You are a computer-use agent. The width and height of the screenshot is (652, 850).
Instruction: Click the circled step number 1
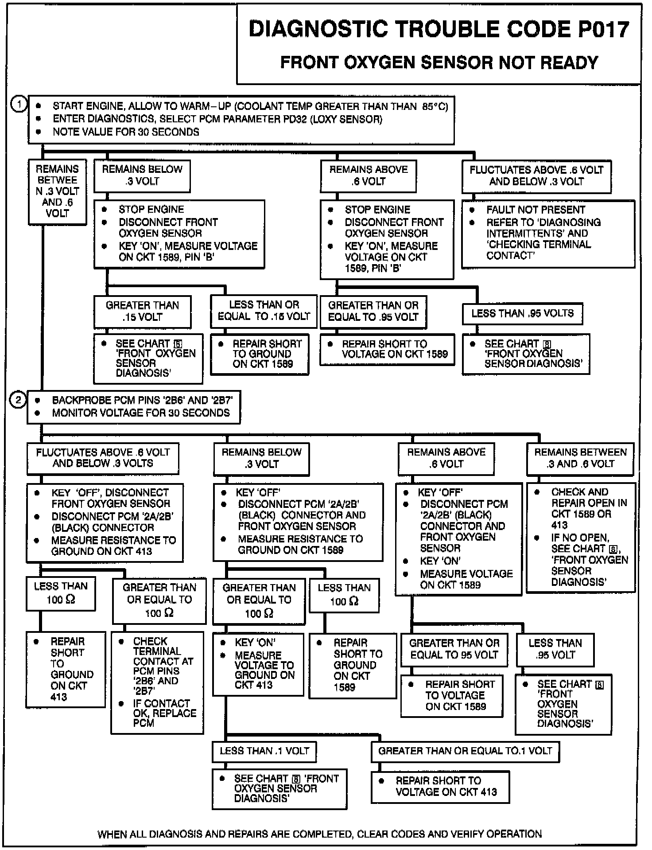point(18,105)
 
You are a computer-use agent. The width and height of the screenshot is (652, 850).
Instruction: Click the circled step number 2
point(18,400)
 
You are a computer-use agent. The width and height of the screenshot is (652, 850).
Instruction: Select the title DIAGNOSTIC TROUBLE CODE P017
point(439,30)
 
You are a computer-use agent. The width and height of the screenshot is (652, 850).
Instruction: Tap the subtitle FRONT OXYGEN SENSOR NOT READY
point(439,62)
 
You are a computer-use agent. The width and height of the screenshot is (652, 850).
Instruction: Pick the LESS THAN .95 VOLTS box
point(522,314)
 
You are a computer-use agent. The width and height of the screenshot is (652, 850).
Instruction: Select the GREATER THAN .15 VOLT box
point(142,311)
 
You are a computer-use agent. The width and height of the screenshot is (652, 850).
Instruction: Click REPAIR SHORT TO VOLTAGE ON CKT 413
point(440,787)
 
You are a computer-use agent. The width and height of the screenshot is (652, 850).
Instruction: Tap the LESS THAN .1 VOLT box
point(264,751)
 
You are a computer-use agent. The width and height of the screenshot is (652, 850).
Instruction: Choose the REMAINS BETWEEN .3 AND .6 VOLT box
point(580,458)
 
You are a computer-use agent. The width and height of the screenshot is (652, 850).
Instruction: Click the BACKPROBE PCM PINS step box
point(134,407)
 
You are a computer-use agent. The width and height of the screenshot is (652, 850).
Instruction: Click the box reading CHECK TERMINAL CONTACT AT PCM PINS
point(157,682)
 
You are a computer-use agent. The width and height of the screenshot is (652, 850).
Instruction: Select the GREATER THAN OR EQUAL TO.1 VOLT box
point(465,751)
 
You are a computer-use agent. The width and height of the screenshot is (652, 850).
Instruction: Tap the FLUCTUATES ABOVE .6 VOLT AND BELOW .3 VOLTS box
point(103,458)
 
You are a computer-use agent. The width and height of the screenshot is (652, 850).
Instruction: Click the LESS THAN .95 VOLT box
point(555,649)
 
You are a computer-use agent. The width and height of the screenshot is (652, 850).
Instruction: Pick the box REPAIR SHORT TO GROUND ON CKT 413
point(66,669)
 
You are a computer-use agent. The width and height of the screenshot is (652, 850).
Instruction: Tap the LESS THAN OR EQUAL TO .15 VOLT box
point(264,311)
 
